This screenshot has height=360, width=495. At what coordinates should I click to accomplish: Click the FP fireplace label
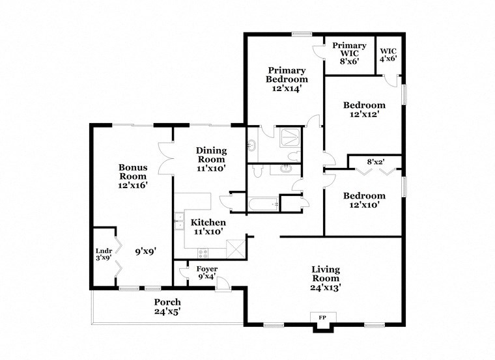[x=322, y=318]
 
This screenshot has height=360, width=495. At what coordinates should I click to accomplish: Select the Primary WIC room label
[x=350, y=51]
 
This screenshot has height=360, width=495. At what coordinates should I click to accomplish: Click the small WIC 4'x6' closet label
[x=388, y=54]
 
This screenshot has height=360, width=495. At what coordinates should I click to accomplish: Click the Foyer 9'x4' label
[x=206, y=273]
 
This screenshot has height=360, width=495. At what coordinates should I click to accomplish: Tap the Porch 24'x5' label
[x=167, y=307]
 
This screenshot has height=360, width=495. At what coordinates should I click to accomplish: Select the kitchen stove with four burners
[x=203, y=253]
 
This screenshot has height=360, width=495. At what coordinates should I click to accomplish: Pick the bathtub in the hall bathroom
[x=263, y=205]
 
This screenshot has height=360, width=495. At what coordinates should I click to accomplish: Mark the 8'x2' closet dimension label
[x=376, y=161]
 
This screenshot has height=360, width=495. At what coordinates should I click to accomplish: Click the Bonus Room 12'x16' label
[x=132, y=176]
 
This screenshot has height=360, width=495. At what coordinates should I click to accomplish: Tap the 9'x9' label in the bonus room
[x=145, y=251]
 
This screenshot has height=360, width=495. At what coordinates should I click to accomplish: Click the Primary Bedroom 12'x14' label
[x=287, y=79]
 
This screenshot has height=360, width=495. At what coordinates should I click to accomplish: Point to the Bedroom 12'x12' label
[x=364, y=109]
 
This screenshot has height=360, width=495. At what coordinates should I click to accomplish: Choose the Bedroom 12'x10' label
[x=364, y=200]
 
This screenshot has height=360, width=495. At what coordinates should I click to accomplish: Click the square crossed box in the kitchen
[x=234, y=249]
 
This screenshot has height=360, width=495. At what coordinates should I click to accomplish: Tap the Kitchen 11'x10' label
[x=208, y=227]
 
